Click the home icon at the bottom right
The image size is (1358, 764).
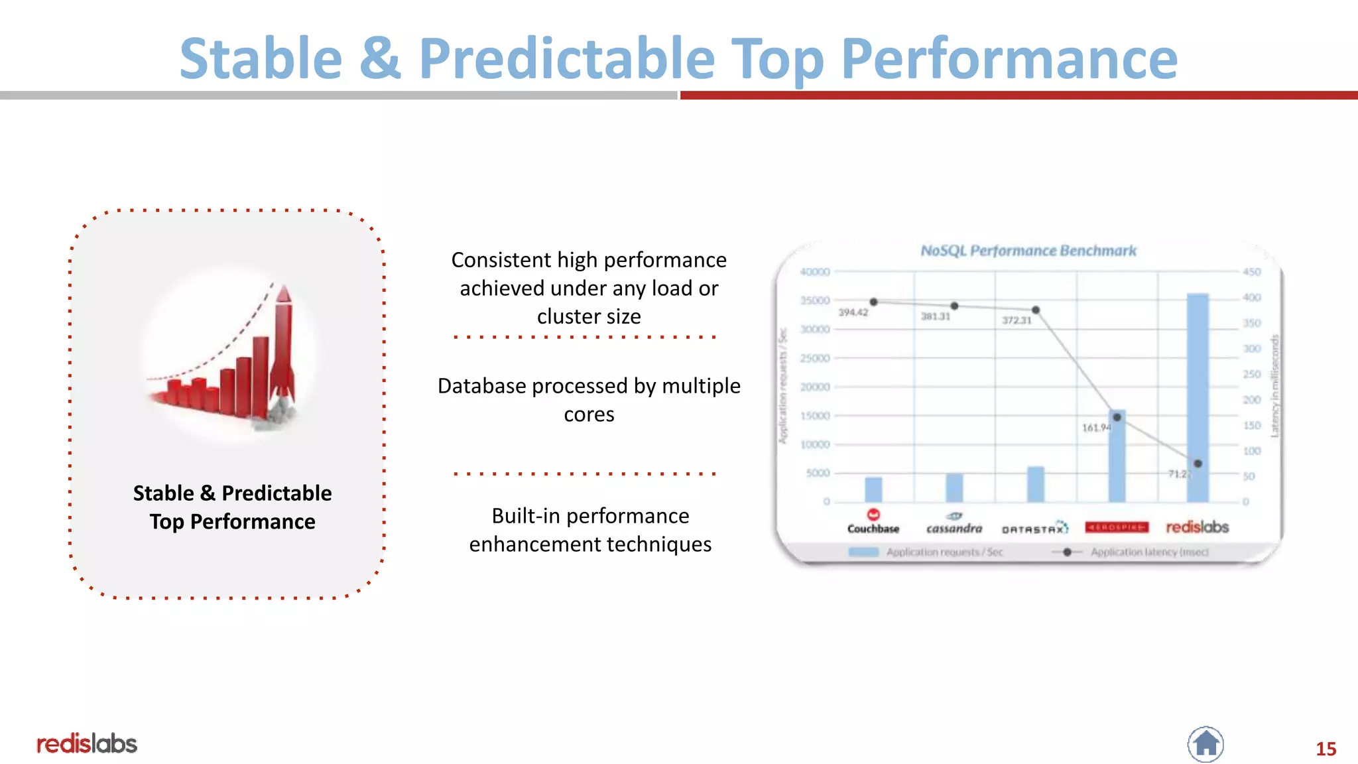click(x=1205, y=744)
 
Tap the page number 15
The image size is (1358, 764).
click(x=1326, y=749)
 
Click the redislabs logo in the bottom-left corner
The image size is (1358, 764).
click(x=87, y=743)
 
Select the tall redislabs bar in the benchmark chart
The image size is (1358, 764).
click(x=1198, y=398)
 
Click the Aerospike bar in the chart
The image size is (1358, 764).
click(x=1117, y=458)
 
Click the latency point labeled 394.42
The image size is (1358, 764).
click(x=874, y=302)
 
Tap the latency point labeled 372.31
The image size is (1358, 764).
click(x=1036, y=310)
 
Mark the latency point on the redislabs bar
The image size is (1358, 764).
click(x=1198, y=464)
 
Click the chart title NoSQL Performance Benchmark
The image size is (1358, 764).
click(x=1028, y=251)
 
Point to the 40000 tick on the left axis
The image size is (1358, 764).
click(x=814, y=272)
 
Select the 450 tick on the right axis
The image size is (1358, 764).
click(x=1251, y=272)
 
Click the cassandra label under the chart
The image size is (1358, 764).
click(x=954, y=528)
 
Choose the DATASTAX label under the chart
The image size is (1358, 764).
click(x=1034, y=529)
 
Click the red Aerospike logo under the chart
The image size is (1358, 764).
click(x=1117, y=527)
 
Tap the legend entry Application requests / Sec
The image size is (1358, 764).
click(x=944, y=552)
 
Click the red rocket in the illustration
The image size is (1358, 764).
click(x=283, y=345)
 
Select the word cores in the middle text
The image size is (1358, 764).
click(x=589, y=414)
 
